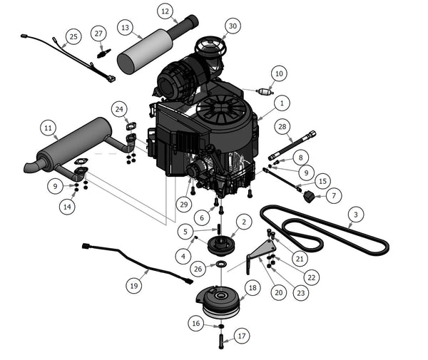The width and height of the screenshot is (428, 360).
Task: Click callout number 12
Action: point(165,11)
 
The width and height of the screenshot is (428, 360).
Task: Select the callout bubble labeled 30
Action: point(232,26)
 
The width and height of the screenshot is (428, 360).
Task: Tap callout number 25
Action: point(73,36)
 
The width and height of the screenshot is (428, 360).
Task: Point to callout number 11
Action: point(48,128)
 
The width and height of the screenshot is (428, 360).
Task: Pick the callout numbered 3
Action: point(355,213)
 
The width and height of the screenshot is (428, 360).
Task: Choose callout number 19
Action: point(133,285)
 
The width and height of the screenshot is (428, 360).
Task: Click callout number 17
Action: point(242,335)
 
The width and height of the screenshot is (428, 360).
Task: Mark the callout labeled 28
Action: point(282,127)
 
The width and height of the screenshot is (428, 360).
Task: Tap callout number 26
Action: point(198,269)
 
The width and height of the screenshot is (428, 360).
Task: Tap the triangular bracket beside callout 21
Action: point(261,253)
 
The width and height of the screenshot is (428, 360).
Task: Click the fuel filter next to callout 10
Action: point(265,92)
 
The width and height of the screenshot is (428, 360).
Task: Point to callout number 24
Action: point(119,108)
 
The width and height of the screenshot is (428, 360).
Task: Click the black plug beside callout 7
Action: point(310,195)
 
